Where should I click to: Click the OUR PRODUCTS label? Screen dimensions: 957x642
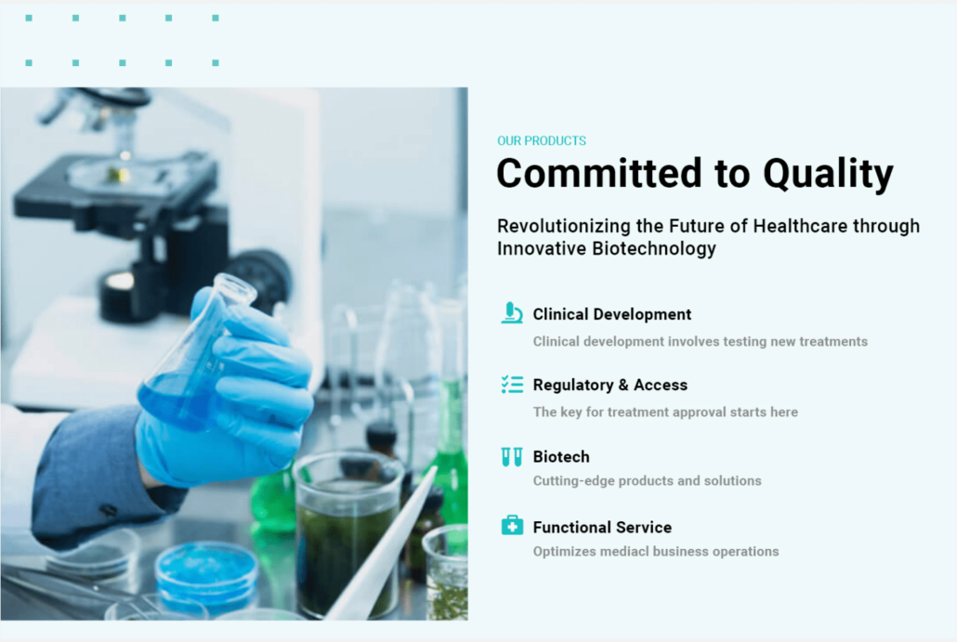pos(542,141)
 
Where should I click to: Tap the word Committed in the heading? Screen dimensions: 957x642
pos(599,173)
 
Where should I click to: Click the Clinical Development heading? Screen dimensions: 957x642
pos(612,314)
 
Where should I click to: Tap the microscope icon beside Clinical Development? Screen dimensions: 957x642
pos(511,312)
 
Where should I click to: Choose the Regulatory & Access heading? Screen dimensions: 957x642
pos(610,385)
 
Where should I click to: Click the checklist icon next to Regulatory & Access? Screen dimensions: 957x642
pos(512,385)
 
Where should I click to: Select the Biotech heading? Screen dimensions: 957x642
pos(561,456)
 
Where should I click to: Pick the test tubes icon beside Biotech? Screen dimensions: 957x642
pos(511,456)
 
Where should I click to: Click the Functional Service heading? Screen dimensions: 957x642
pos(602,528)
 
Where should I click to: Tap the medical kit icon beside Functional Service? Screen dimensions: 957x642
pos(512,525)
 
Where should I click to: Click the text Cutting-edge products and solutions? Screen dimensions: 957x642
pos(647,481)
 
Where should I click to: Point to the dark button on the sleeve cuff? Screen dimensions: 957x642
pos(108,509)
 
